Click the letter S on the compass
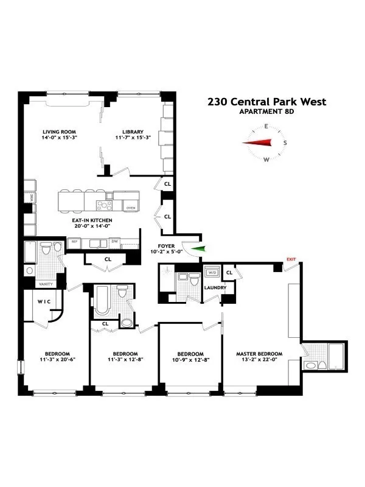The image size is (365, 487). (x=285, y=143)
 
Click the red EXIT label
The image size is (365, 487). (x=291, y=259)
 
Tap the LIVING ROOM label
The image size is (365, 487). (x=59, y=131)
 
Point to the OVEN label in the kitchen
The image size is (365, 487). (x=130, y=208)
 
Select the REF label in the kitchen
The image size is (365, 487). (x=75, y=242)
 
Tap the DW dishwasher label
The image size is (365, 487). (x=114, y=242)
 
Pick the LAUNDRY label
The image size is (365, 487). (x=215, y=287)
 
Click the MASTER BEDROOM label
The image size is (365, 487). (x=260, y=354)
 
